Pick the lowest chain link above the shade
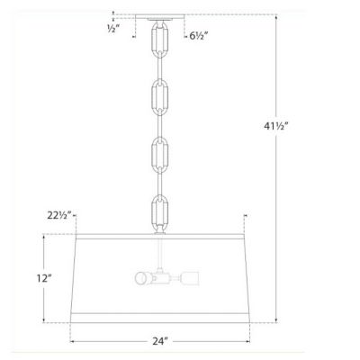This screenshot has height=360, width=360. point(158,212)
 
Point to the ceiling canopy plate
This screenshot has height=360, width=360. point(158,17)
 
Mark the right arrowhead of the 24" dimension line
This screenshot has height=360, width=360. point(243,341)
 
